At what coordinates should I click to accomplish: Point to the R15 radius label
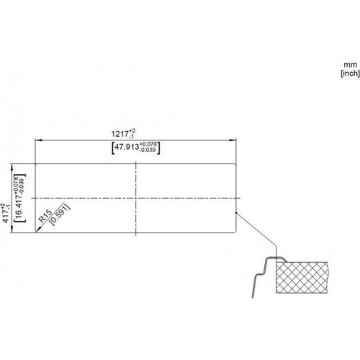pyautogui.click(x=45, y=216)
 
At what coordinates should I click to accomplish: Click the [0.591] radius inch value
pyautogui.click(x=60, y=215)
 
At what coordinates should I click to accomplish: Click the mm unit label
pyautogui.click(x=350, y=65)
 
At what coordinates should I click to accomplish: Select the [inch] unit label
pyautogui.click(x=350, y=73)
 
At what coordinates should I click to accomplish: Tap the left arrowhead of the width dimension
pyautogui.click(x=38, y=140)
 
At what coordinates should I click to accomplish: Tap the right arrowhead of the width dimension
pyautogui.click(x=233, y=140)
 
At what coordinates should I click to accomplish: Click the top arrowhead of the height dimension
pyautogui.click(x=12, y=167)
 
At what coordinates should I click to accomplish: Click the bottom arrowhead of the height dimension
pyautogui.click(x=12, y=230)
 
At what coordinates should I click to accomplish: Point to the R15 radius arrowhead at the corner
pyautogui.click(x=37, y=230)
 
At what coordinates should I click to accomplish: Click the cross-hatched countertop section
pyautogui.click(x=302, y=278)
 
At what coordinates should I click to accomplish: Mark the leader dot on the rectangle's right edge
pyautogui.click(x=236, y=212)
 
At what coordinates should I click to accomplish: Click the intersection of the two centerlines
pyautogui.click(x=136, y=198)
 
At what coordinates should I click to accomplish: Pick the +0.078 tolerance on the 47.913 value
pyautogui.click(x=148, y=144)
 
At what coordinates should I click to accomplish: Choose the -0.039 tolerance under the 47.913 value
pyautogui.click(x=148, y=150)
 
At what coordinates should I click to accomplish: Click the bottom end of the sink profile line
pyautogui.click(x=253, y=297)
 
